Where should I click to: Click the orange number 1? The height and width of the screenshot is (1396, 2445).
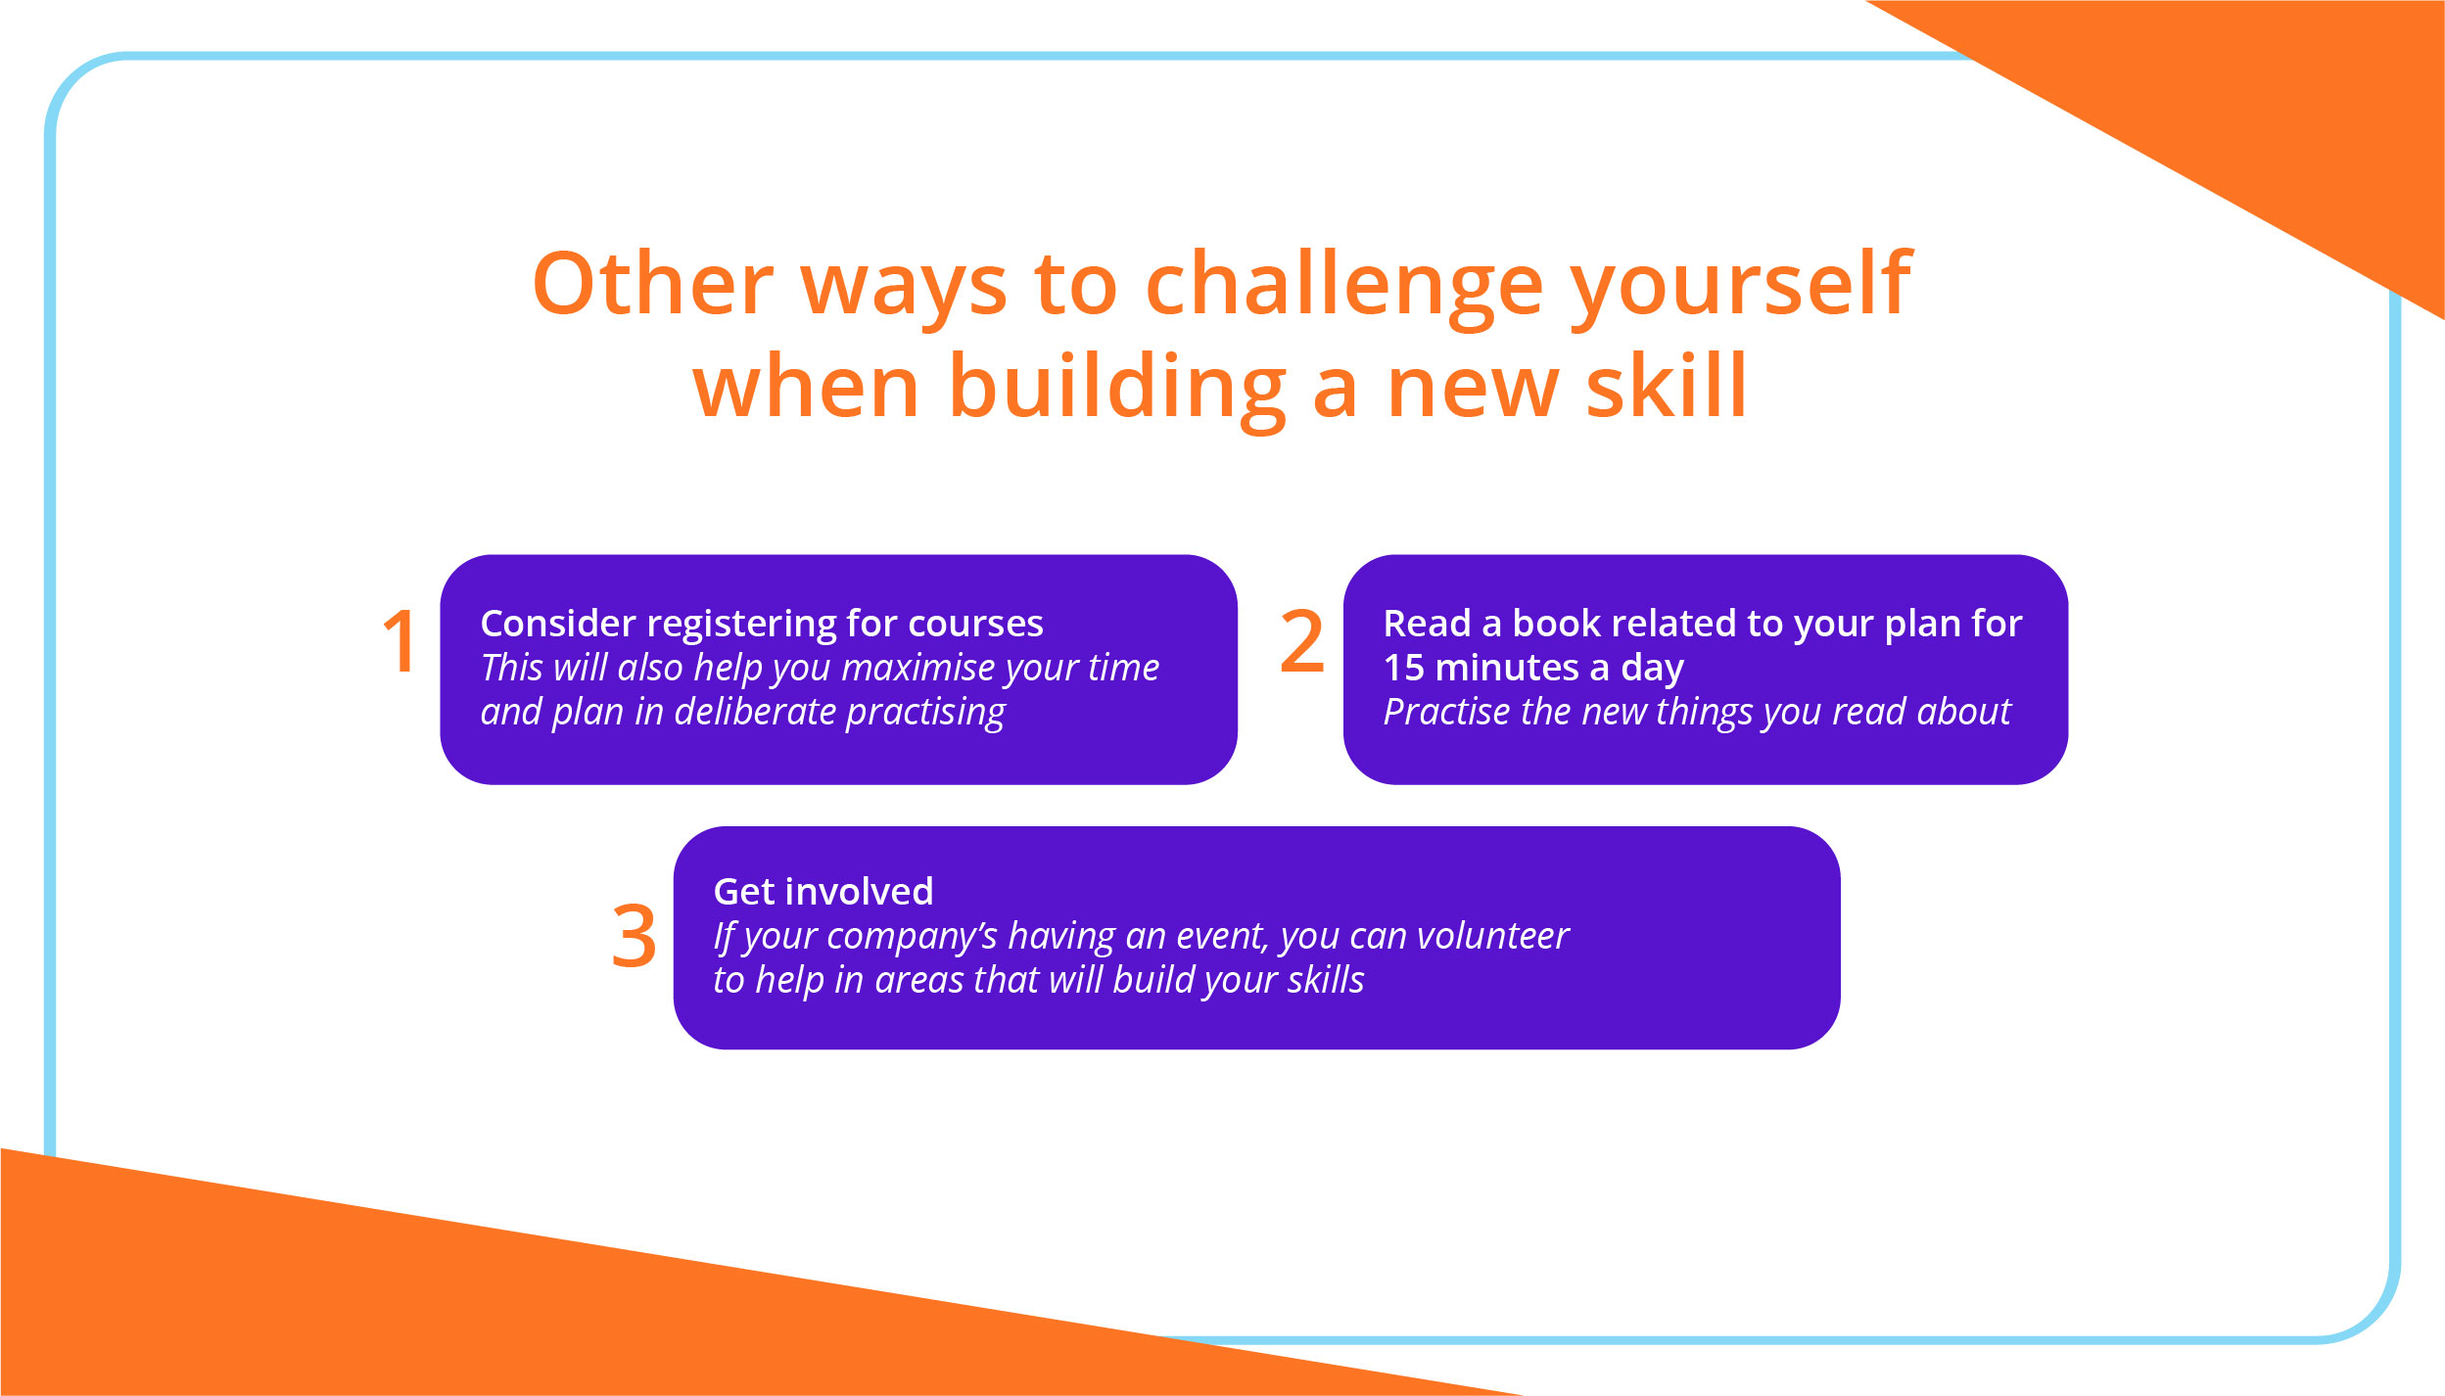[x=401, y=642]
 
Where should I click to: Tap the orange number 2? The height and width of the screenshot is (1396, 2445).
[x=1301, y=642]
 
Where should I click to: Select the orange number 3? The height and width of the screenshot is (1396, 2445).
[x=634, y=936]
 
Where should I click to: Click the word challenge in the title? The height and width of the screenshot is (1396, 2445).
[x=1343, y=284]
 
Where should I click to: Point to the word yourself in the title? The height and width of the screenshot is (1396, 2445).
[x=1741, y=284]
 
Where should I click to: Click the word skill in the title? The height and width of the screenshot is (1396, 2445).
[x=1666, y=387]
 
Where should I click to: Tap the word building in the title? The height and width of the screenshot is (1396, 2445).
[x=1116, y=387]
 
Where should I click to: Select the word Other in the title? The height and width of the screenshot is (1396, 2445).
[x=653, y=284]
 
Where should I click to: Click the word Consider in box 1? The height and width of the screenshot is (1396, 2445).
[x=558, y=624]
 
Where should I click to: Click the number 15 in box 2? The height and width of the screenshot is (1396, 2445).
[x=1403, y=668]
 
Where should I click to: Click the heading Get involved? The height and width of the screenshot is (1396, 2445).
[x=823, y=892]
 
